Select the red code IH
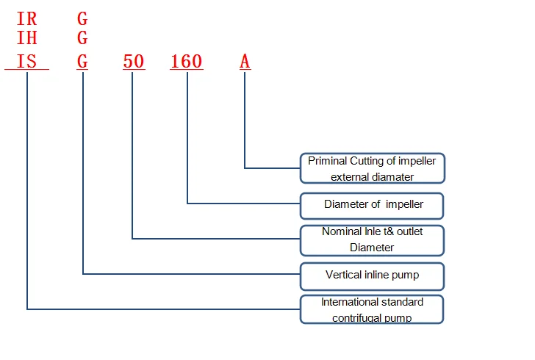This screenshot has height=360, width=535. click(x=26, y=39)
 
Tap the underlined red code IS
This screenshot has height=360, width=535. click(x=26, y=62)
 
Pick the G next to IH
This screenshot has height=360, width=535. click(x=82, y=39)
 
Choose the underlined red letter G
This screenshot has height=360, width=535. click(x=82, y=62)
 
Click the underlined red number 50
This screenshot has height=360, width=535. click(x=134, y=62)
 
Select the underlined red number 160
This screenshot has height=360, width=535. click(x=186, y=62)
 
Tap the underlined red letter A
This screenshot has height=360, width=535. click(x=245, y=62)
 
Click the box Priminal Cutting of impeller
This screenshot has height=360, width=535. click(x=373, y=168)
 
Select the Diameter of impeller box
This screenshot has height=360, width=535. click(x=373, y=205)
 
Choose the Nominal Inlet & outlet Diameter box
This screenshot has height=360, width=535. click(x=373, y=240)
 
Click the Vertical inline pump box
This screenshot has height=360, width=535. click(x=373, y=276)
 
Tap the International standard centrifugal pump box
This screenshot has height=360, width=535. click(x=373, y=309)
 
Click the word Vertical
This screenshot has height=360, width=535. click(x=344, y=276)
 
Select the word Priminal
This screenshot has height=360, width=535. click(x=328, y=161)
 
